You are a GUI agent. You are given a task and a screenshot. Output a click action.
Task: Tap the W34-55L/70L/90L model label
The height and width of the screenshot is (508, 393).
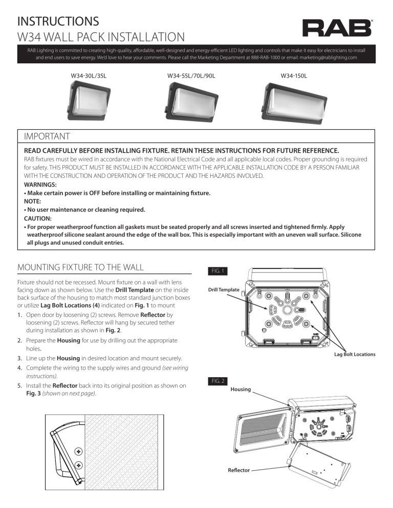191,76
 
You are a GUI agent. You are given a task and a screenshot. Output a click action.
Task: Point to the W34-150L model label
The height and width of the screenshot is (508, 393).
294,76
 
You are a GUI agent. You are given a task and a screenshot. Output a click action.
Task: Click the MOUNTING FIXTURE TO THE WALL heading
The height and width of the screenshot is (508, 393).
80,267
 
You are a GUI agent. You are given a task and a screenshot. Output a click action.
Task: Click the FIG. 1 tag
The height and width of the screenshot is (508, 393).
215,270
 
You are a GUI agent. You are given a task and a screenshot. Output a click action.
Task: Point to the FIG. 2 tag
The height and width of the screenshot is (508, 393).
215,381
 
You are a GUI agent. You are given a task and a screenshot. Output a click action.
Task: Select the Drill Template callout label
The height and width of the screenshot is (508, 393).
224,290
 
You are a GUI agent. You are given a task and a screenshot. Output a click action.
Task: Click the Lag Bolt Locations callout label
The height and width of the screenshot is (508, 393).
355,354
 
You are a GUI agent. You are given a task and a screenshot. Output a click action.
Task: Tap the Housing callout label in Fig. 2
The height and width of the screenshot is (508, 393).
241,389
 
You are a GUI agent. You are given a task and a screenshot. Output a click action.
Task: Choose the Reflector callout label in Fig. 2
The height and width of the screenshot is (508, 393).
239,470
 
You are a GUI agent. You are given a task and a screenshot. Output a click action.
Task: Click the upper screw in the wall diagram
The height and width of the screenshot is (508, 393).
78,451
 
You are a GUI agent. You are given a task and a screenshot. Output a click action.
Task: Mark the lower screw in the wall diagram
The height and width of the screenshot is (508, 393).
78,465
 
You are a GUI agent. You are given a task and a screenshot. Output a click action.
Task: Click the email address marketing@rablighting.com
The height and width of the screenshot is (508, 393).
324,58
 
